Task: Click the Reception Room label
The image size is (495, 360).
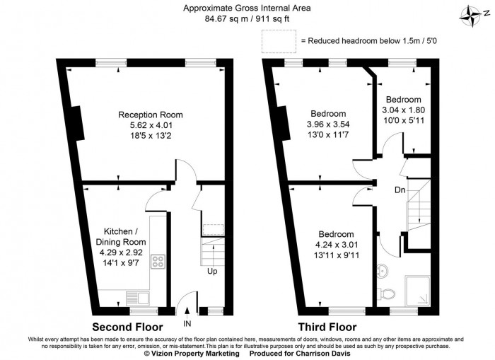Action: click(151, 115)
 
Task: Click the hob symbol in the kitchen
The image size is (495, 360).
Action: click(157, 260)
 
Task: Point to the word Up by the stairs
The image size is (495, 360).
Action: click(212, 271)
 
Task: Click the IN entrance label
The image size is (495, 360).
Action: click(187, 323)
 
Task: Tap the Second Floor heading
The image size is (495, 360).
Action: click(129, 327)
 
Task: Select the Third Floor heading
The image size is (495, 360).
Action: click(327, 327)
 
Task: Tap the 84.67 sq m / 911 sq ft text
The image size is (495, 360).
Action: click(247, 20)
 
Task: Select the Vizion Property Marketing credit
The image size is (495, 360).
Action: click(191, 353)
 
